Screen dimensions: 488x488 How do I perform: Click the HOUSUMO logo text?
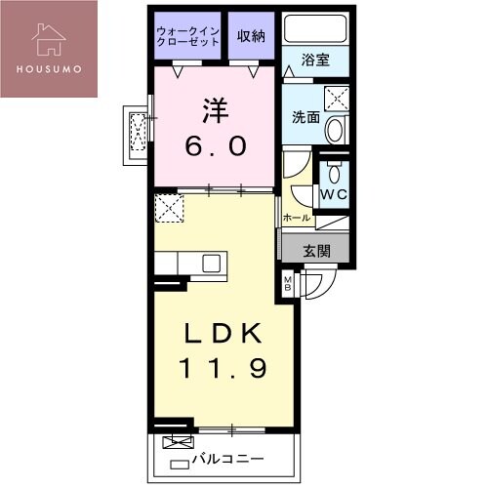(48, 68)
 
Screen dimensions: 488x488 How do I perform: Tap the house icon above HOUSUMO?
(48, 38)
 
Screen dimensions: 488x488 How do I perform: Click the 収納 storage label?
(251, 36)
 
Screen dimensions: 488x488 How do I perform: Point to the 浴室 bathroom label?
(314, 60)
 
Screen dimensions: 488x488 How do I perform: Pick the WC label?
(334, 193)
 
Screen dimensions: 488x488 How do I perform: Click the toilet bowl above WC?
(335, 173)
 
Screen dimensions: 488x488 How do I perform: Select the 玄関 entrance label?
(316, 251)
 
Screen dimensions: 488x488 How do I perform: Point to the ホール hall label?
(296, 217)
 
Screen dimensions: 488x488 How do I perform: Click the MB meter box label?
(289, 285)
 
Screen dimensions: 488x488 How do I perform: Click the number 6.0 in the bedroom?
(216, 147)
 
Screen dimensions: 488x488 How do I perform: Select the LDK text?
(223, 335)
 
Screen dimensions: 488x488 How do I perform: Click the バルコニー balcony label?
(226, 457)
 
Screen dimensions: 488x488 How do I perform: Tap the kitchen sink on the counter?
(211, 263)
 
